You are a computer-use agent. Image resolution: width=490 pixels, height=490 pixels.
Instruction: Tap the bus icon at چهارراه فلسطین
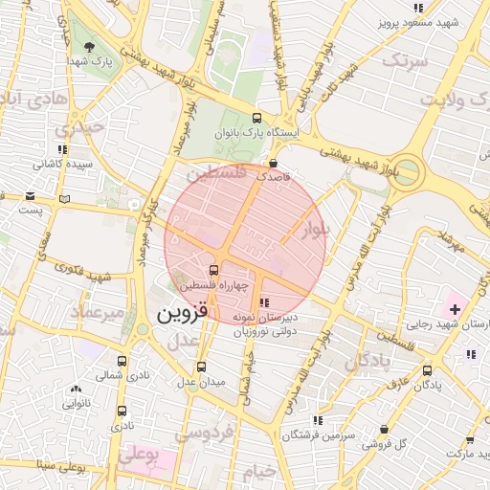click(214, 269)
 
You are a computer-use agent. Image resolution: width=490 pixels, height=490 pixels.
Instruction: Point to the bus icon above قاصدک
click(275, 163)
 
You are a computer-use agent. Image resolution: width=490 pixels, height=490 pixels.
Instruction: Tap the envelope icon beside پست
click(64, 199)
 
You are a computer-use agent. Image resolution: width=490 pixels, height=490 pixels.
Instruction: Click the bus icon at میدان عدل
click(201, 367)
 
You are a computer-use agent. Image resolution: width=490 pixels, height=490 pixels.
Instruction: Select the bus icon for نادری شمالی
click(122, 362)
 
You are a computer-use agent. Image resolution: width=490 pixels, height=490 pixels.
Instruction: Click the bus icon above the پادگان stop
click(427, 370)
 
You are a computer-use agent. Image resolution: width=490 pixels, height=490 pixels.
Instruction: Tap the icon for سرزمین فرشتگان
click(318, 419)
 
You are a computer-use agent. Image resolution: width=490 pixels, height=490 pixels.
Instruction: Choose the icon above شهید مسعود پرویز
click(417, 8)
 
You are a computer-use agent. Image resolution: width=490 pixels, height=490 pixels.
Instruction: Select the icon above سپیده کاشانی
click(62, 149)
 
